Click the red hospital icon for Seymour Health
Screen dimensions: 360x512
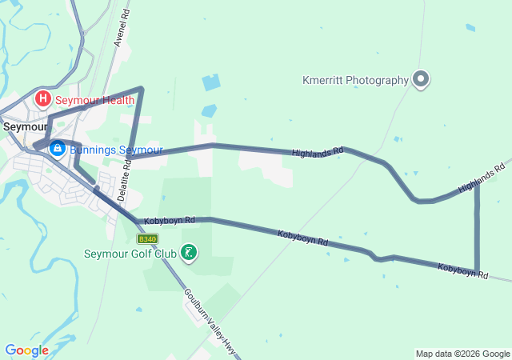click(42, 100)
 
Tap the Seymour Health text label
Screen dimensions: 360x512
click(95, 100)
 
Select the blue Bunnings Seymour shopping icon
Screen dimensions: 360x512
click(58, 149)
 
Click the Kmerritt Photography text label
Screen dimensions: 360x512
click(355, 80)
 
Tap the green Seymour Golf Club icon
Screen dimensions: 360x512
click(189, 254)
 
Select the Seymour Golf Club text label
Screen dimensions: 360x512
click(130, 254)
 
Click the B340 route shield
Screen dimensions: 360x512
click(147, 239)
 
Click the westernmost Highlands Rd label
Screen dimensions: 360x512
click(318, 150)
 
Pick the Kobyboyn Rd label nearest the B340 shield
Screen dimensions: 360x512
click(169, 219)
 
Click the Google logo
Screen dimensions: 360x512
click(26, 350)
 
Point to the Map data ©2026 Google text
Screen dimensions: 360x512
click(462, 354)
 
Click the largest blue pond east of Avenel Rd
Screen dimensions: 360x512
click(210, 82)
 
